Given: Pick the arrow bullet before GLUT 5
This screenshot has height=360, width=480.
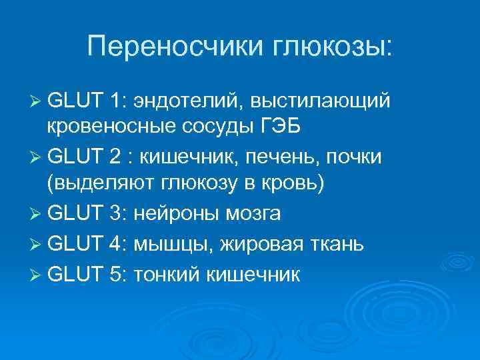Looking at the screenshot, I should pos(35,271).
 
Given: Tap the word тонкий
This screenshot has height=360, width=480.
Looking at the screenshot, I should pos(167,271).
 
